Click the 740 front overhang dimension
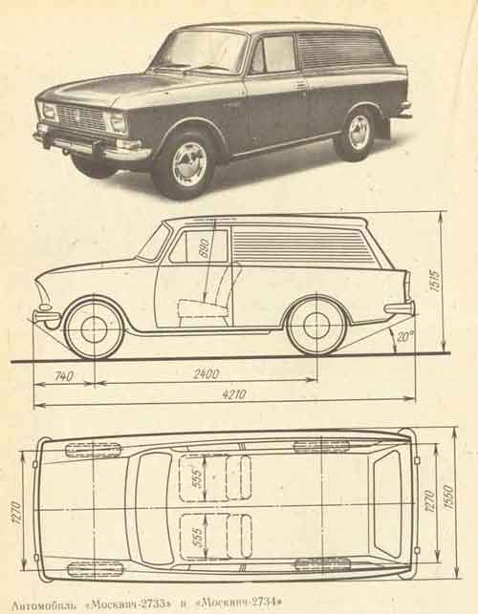tap(64, 376)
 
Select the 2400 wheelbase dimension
tap(206, 374)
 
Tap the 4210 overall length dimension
tap(234, 394)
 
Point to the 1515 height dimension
tap(434, 281)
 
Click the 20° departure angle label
tap(402, 337)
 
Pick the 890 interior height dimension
tap(205, 247)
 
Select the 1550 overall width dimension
tap(448, 498)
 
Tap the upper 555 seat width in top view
tap(198, 477)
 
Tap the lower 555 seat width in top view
tap(198, 538)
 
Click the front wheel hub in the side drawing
tap(95, 328)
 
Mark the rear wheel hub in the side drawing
tap(316, 326)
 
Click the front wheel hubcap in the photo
tap(190, 163)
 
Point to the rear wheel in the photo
tap(357, 132)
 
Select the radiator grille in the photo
tap(81, 116)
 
